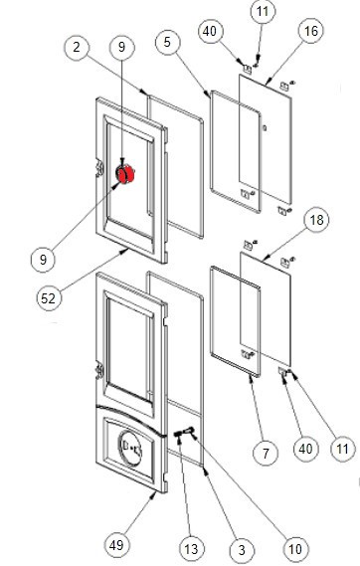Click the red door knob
pos(125,174)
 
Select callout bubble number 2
pos(77,48)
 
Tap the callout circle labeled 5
pos(167,42)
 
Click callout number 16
pos(310,31)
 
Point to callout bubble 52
pos(49,298)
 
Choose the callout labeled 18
pos(316,220)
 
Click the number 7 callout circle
pos(266,453)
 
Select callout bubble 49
pos(116,545)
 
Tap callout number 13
pos(191,549)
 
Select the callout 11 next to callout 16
pos(263,12)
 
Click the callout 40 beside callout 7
pos(306,449)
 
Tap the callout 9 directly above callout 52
pos(44,260)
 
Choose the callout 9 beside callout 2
pos(122,47)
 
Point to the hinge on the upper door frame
pos(99,169)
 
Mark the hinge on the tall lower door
pos(99,371)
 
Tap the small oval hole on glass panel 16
pos(266,127)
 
